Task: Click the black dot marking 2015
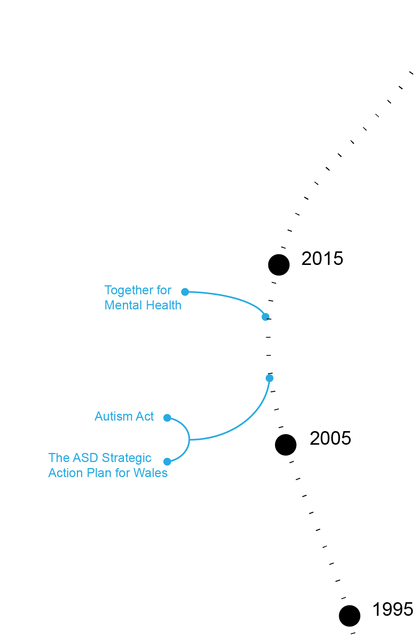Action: point(279,265)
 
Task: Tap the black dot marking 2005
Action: point(286,445)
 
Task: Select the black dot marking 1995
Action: point(350,616)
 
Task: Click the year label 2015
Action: point(322,259)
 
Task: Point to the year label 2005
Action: point(330,439)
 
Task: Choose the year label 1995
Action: point(393,610)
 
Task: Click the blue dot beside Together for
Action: point(185,292)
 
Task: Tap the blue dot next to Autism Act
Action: point(167,418)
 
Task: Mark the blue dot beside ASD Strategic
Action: point(167,462)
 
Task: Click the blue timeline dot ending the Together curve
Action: point(265,317)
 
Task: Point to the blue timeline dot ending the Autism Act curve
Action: point(269,378)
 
